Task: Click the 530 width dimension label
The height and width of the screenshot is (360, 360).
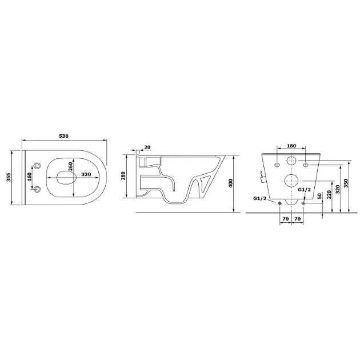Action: pos(63,136)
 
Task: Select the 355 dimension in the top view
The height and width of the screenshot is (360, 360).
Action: pos(9,177)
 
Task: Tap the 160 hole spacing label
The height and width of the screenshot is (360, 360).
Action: pos(30,177)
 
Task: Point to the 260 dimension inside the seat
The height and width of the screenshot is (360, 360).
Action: pos(70,166)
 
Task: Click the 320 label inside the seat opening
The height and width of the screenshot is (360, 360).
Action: pos(86,174)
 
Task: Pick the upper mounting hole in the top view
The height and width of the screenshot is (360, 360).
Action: pos(37,165)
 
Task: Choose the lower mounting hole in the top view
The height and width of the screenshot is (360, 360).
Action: pos(37,189)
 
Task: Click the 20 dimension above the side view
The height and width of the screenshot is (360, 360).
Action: pos(147,147)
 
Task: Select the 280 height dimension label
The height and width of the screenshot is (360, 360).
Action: pos(124,175)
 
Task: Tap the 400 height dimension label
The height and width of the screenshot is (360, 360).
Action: pos(231,183)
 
